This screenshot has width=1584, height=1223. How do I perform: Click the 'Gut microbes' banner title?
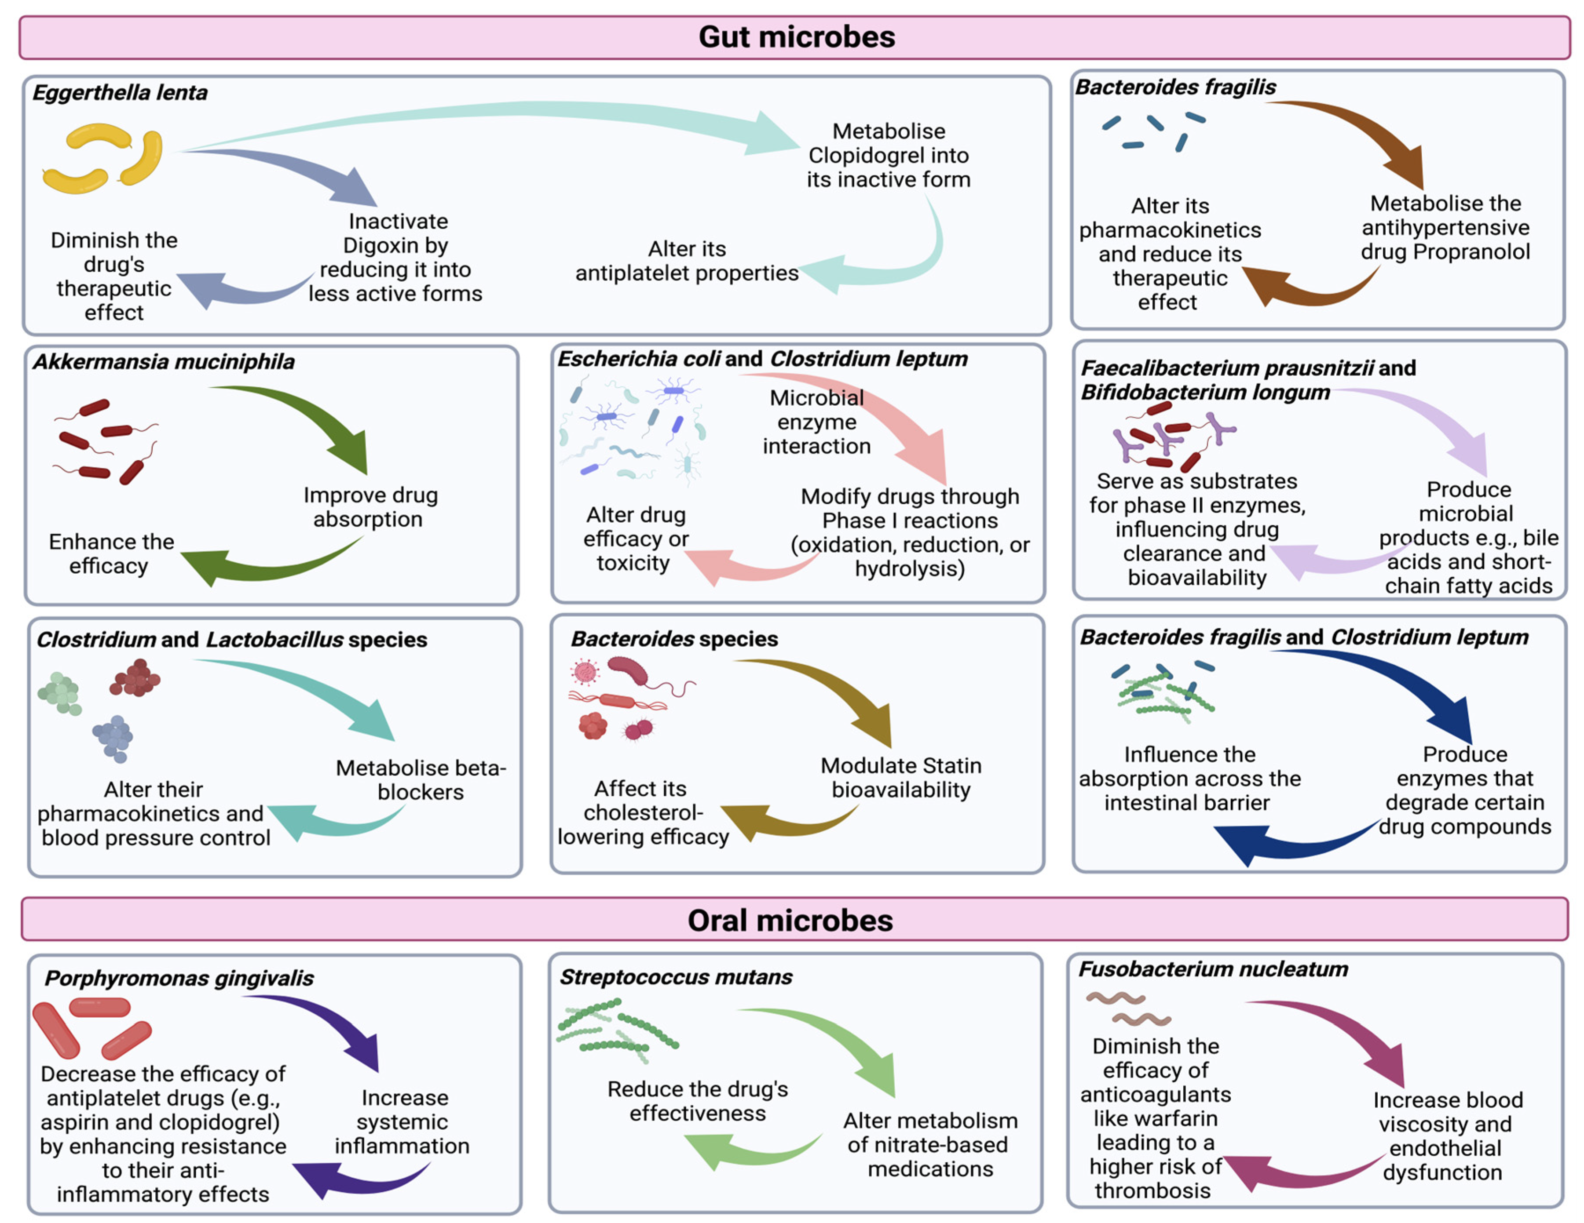[x=796, y=37]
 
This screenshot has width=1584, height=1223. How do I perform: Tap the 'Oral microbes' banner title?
[x=790, y=920]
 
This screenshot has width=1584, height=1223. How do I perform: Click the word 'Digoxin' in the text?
[x=374, y=246]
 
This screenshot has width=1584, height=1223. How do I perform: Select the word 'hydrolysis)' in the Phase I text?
[x=910, y=568]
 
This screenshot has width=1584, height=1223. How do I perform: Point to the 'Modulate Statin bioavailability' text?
[x=901, y=777]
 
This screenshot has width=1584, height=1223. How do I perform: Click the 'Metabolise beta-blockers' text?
[x=421, y=779]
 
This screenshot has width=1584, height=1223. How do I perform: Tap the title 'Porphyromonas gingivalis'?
[x=179, y=978]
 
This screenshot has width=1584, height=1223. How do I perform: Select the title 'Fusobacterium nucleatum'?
[x=1213, y=969]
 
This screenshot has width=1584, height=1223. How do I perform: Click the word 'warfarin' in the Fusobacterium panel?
[x=1176, y=1118]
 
